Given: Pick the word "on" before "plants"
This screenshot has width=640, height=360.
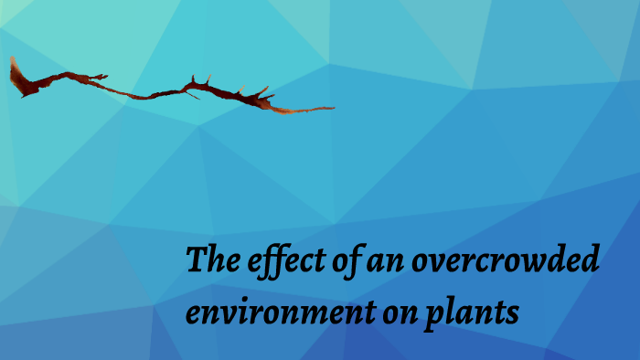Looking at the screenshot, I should tap(396, 314).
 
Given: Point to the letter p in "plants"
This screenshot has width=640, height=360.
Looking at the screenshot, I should tap(433, 318).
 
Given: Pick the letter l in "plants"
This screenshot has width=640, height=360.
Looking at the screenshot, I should tap(451, 313).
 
